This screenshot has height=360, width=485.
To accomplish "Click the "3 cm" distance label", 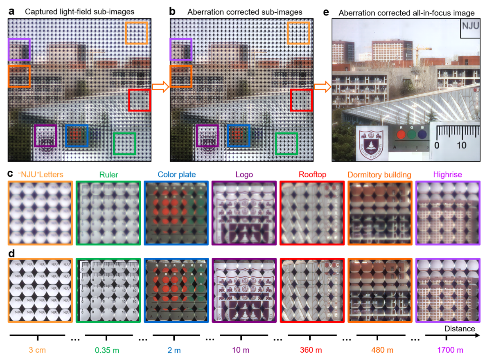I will pyautogui.click(x=37, y=350).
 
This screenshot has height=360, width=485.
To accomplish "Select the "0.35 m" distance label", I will pyautogui.click(x=107, y=350).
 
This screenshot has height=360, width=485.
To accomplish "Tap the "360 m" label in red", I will pyautogui.click(x=311, y=350).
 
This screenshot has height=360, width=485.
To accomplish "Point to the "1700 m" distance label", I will pyautogui.click(x=450, y=350).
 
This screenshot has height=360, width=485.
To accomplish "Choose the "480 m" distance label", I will pyautogui.click(x=382, y=350).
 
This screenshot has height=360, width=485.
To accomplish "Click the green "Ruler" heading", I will pyautogui.click(x=108, y=175).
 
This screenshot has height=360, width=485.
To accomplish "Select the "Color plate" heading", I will pyautogui.click(x=177, y=175).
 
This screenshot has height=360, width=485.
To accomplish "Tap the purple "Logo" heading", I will pyautogui.click(x=244, y=175).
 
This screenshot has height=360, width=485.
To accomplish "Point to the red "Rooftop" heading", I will pyautogui.click(x=312, y=175).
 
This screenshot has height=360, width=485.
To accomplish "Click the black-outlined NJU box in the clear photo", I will pyautogui.click(x=470, y=28).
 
